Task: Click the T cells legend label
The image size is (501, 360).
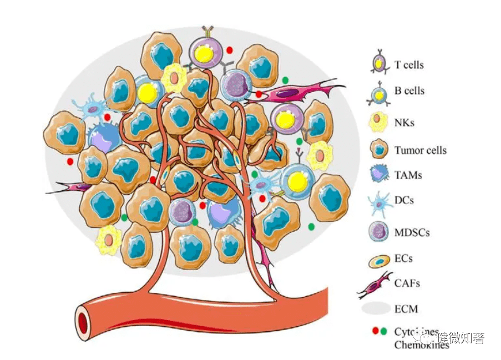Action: point(409,65)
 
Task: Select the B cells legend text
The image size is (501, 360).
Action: point(409,91)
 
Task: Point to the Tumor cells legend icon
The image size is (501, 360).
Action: point(379,149)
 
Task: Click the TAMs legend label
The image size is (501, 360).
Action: point(408,175)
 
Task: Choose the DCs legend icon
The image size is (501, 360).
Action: point(379,201)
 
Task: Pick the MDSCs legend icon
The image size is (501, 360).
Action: point(379,230)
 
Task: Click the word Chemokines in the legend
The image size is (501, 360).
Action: point(422,344)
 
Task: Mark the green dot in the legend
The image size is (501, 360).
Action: point(384,332)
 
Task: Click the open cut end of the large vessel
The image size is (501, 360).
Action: point(84,321)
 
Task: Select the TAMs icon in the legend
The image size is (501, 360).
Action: point(379,176)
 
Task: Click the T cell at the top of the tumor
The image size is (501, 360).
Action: point(206,52)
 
